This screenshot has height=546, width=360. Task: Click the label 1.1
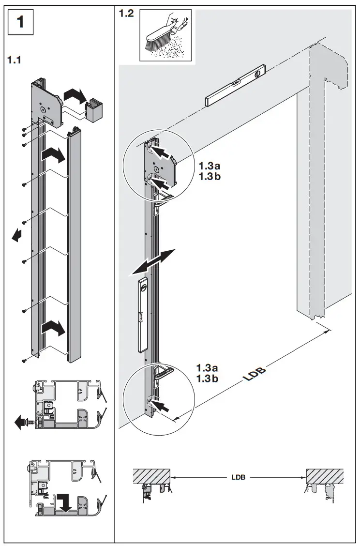(15, 61)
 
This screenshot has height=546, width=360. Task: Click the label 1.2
(127, 14)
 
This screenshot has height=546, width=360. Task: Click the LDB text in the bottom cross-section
(238, 477)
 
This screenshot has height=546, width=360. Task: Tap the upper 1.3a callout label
(209, 166)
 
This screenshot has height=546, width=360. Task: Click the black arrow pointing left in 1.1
(17, 235)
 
